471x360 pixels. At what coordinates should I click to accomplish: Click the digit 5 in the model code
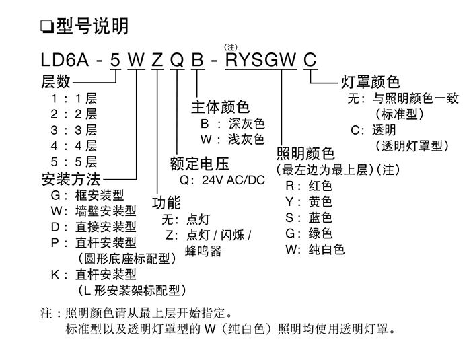[x=116, y=61]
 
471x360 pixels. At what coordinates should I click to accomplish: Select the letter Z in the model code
[x=157, y=61]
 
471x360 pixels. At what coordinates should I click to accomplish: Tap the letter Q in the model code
[x=177, y=61]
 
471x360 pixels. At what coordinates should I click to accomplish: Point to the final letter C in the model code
[x=310, y=61]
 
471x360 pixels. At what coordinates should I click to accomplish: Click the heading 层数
[x=56, y=82]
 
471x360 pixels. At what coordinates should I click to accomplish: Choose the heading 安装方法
[x=71, y=179]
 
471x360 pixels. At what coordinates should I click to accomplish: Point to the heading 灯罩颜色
[x=371, y=82]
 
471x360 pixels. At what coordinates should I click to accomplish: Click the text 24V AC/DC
[x=233, y=182]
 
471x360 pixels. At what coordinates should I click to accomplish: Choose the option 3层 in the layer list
[x=85, y=130]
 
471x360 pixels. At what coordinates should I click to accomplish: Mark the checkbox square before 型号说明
[x=46, y=28]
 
